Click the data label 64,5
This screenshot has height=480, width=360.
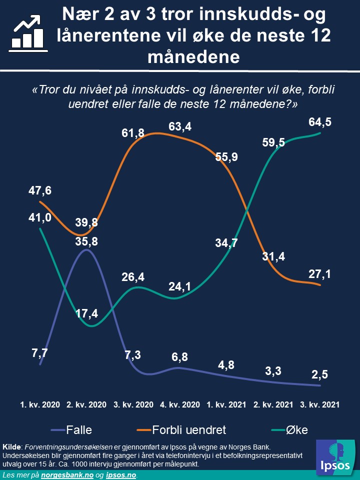point(320,122)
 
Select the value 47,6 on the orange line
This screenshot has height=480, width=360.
point(40,190)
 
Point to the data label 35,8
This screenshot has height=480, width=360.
point(87,240)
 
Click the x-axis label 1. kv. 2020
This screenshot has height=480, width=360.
point(40,404)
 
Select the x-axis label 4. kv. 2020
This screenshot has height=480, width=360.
point(180,404)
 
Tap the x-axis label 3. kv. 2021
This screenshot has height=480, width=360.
point(320,404)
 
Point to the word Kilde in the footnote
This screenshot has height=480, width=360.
point(12,446)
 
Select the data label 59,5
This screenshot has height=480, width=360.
point(273,142)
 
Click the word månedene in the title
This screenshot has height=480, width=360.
point(194,56)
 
